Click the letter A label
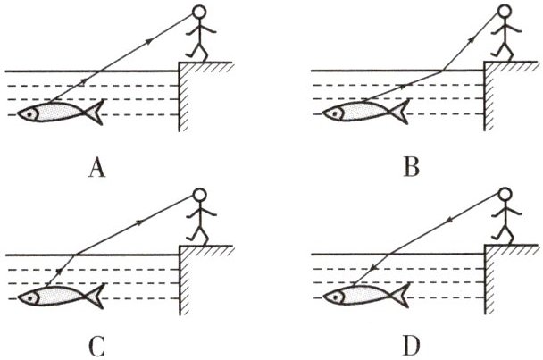pos(100,166)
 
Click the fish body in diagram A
pos(58,113)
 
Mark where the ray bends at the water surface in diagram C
pos(72,255)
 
